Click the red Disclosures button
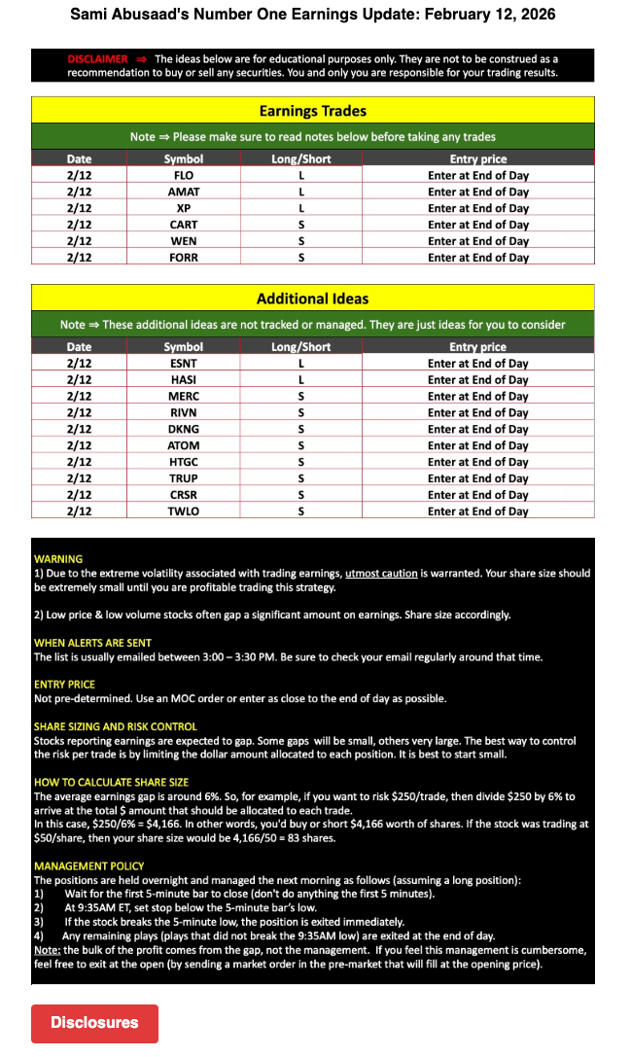point(94,1023)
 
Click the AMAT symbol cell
point(184,192)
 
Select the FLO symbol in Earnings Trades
point(184,175)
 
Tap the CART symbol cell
point(184,225)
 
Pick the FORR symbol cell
point(184,258)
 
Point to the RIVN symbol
point(184,412)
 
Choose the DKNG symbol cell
point(184,429)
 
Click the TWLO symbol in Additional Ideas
point(184,511)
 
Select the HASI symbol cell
point(184,379)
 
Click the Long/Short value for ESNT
point(301,363)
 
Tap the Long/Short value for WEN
point(301,241)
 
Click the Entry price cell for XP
point(477,208)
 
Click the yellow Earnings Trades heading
point(312,111)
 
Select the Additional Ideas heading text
point(312,299)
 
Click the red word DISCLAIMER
point(97,59)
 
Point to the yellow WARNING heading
point(58,559)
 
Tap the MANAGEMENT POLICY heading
point(88,865)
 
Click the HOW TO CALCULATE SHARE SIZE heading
point(111,782)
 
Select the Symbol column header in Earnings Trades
point(184,159)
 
